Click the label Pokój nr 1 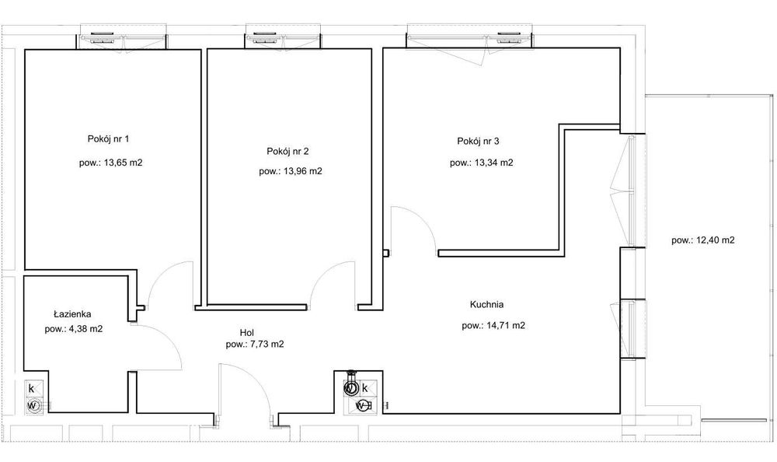tap(108, 139)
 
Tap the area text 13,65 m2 tap(123, 163)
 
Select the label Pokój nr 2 tap(287, 152)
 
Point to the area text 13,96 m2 tap(303, 171)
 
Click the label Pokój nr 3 tap(478, 142)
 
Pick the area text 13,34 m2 tap(493, 163)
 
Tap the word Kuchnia tap(486, 304)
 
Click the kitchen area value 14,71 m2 tap(506, 326)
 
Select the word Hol tap(247, 332)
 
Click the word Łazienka tap(72, 314)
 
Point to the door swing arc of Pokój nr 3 tap(422, 220)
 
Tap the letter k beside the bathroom tap(31, 389)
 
